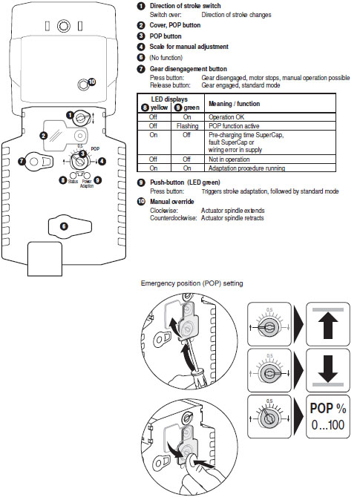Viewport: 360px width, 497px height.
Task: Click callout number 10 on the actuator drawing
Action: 91,82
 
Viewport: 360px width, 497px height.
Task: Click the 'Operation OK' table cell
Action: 229,117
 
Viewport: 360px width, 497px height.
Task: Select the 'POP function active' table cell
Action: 236,126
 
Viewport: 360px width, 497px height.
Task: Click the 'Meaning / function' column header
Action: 238,102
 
